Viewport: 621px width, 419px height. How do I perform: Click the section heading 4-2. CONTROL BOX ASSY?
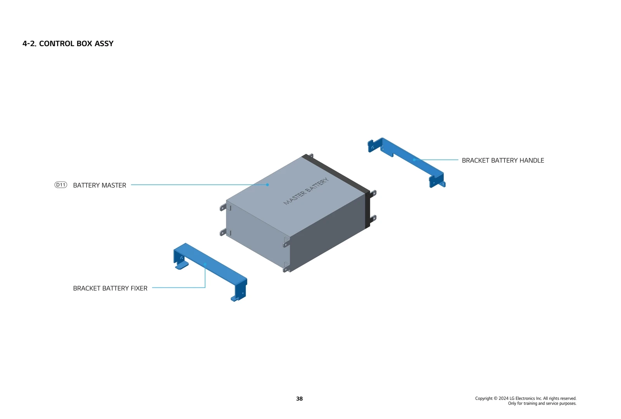coord(68,43)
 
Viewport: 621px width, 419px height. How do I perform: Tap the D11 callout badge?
coord(61,185)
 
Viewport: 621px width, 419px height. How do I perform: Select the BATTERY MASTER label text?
coord(99,185)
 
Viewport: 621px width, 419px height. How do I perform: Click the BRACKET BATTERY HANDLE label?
coord(503,161)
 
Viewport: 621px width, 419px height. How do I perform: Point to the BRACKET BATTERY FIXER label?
coord(110,288)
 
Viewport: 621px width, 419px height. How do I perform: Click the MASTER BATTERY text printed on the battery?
coord(306,191)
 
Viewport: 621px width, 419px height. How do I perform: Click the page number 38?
coord(299,399)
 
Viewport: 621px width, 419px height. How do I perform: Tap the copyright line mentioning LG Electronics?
coord(526,398)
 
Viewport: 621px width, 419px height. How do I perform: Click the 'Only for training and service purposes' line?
coord(542,403)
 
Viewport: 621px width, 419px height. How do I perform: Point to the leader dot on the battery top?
coord(267,185)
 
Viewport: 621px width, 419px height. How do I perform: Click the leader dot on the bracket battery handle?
coord(414,159)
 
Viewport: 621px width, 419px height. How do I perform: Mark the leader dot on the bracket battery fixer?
coord(205,264)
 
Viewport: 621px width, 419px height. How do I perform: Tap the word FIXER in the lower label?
coord(139,288)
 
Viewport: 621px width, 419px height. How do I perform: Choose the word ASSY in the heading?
coord(104,43)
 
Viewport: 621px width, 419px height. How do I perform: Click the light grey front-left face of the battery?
coord(256,237)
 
